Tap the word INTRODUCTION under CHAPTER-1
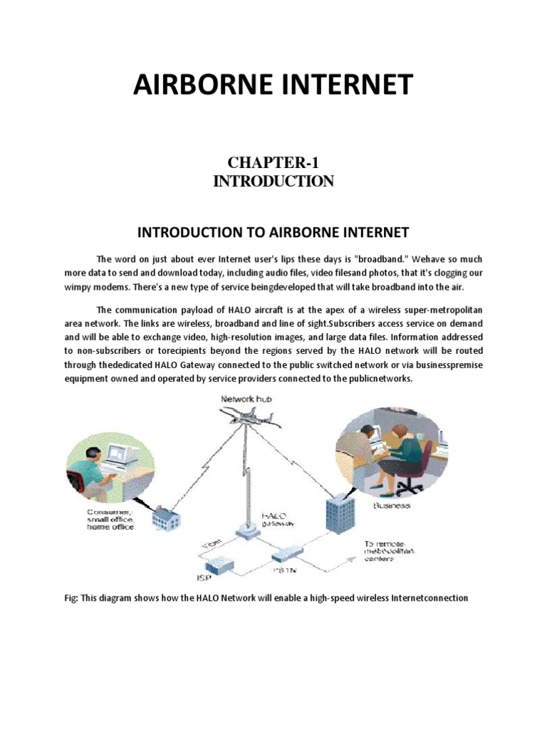(x=273, y=182)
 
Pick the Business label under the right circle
(x=392, y=505)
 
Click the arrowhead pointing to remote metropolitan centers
(x=350, y=561)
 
